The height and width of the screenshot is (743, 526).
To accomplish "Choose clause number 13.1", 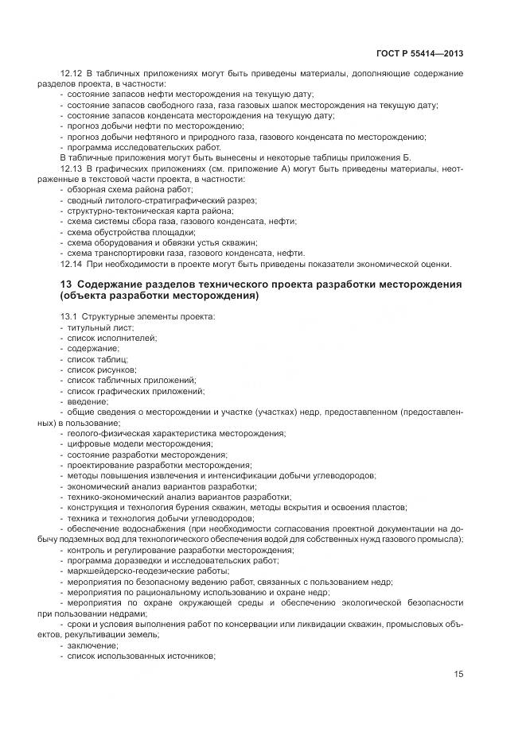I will coord(69,317).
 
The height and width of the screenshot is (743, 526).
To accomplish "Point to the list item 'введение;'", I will coord(88,401).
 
